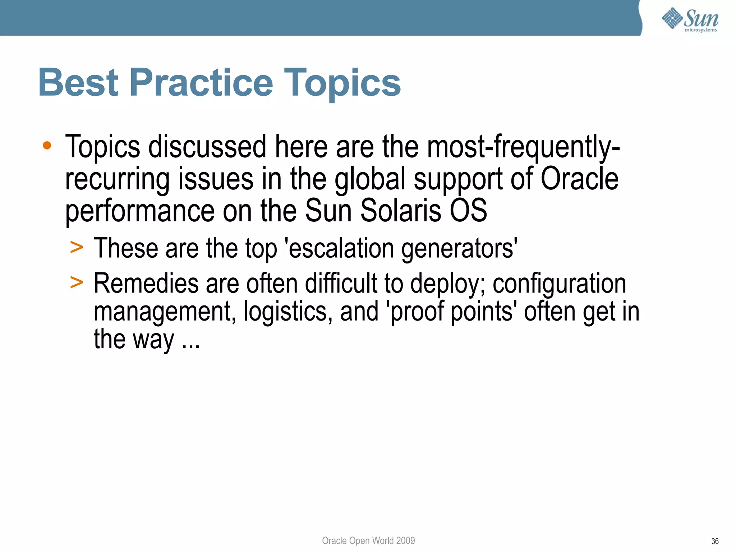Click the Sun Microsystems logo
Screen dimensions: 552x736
point(690,19)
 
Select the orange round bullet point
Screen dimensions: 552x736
point(47,146)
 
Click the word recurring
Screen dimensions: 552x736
point(117,179)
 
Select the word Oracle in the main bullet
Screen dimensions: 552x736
point(579,179)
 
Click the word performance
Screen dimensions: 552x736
point(140,211)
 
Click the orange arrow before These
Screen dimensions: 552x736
point(77,248)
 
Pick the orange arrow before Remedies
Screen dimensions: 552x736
point(77,282)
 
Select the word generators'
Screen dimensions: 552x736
point(459,249)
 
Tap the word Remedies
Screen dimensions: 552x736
point(146,283)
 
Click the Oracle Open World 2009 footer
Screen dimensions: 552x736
point(368,540)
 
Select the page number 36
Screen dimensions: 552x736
point(714,541)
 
